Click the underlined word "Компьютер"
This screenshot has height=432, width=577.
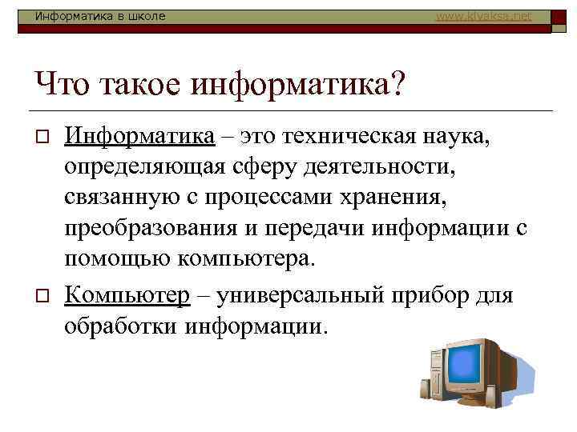[127, 295]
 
